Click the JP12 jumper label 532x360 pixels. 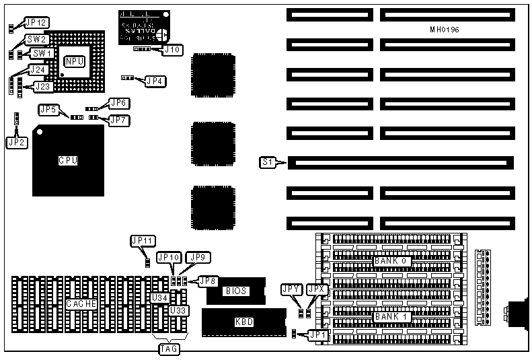click(x=36, y=23)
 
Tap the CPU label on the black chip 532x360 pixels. click(x=69, y=161)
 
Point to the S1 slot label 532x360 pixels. click(x=268, y=161)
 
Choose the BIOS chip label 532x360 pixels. click(x=236, y=291)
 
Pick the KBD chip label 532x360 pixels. click(x=244, y=322)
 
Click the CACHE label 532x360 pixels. click(x=82, y=303)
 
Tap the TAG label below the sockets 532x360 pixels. click(x=167, y=349)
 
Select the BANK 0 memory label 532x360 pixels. click(x=392, y=260)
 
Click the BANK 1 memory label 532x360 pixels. click(x=392, y=316)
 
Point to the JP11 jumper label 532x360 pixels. click(x=143, y=240)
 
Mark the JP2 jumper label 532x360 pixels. click(x=17, y=142)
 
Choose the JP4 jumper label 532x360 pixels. click(x=155, y=81)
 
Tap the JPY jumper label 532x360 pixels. click(x=291, y=289)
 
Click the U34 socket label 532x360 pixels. click(x=160, y=297)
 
